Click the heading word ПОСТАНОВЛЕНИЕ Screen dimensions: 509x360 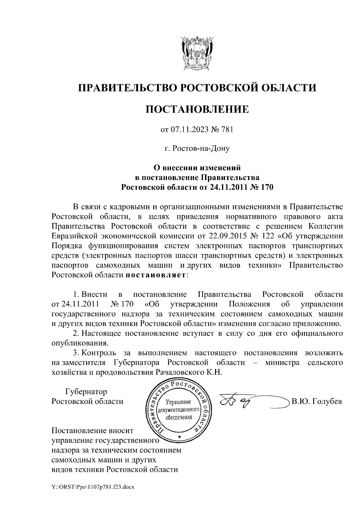[x=197, y=109]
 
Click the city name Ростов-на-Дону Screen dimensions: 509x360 [x=197, y=148]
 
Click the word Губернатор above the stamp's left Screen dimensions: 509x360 [x=86, y=391]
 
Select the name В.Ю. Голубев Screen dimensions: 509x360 [x=317, y=401]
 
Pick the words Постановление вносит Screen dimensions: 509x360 [x=92, y=431]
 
